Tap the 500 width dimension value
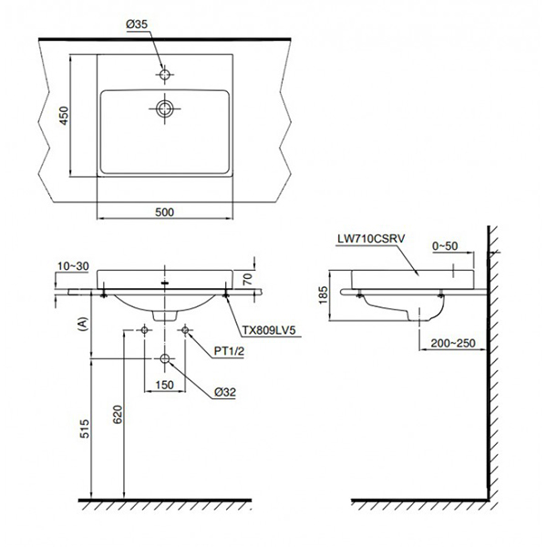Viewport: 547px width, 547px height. point(164,212)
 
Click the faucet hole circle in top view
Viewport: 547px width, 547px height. point(165,74)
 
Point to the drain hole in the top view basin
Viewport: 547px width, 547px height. point(165,108)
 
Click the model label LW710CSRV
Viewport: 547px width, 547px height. point(368,240)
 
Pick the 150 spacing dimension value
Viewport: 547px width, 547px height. point(165,385)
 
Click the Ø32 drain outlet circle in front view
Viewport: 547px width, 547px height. point(165,358)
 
